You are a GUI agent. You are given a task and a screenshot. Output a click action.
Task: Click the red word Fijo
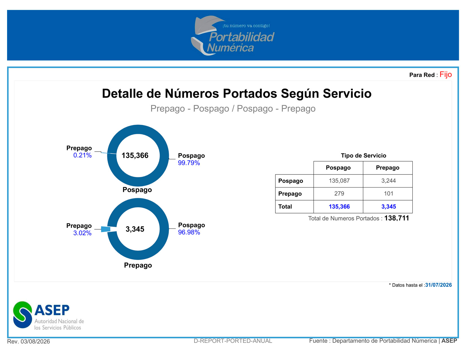[445, 75]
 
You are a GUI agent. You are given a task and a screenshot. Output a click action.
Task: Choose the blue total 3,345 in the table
[388, 206]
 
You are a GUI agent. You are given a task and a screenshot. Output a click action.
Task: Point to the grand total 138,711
[397, 218]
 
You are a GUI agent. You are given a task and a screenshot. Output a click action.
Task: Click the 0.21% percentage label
[82, 155]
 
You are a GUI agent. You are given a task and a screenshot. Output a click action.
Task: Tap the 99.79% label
[189, 163]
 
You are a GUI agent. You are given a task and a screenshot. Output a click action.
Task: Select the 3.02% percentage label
[82, 233]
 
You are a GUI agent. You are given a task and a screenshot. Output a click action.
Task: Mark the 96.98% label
[189, 232]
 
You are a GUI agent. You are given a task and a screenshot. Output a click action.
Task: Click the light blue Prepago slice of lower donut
[106, 229]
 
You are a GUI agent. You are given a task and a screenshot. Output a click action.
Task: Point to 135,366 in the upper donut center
[135, 155]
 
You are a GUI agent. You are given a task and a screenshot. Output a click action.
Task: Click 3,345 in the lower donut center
[135, 229]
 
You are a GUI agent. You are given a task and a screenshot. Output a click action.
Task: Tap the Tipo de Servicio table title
[363, 156]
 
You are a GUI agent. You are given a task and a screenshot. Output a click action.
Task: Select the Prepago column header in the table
[387, 167]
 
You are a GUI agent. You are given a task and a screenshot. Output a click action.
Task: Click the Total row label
[285, 206]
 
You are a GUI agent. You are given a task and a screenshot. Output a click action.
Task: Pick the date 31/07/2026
[438, 285]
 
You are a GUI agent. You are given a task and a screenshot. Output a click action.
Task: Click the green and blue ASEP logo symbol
[23, 315]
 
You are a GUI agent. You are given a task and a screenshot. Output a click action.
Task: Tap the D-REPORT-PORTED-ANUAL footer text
[233, 341]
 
